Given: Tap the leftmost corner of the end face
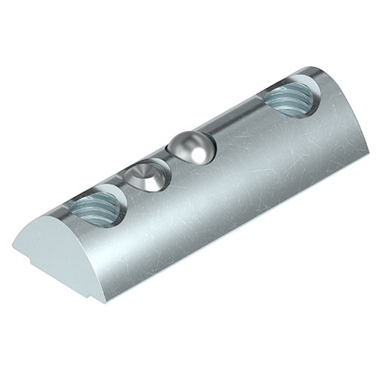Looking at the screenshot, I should coord(13,245).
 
